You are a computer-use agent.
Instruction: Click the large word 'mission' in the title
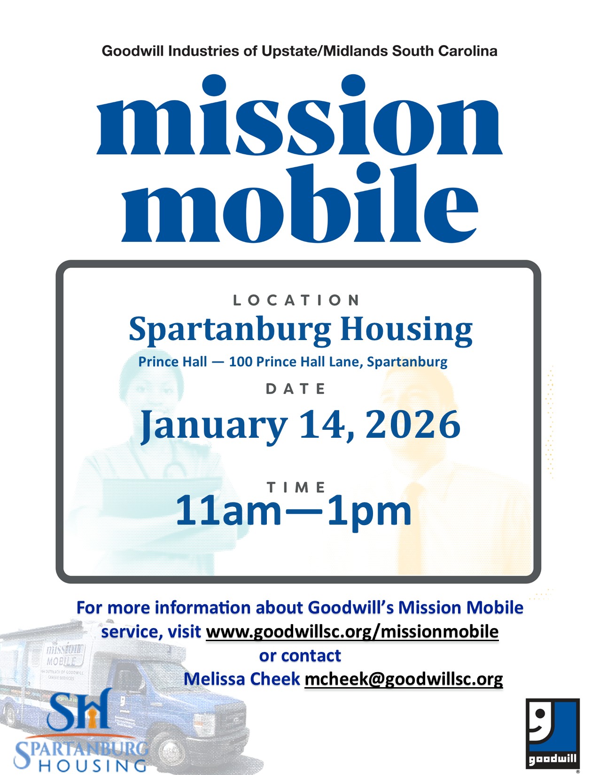tap(300, 115)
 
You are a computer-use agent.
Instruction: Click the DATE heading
tap(296, 389)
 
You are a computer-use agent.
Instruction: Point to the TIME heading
tap(296, 487)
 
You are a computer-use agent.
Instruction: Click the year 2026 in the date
tap(413, 425)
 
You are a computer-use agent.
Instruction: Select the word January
tap(214, 427)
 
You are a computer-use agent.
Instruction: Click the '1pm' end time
tap(370, 513)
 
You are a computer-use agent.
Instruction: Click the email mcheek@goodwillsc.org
tap(404, 679)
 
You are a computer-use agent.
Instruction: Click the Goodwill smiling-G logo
tap(552, 733)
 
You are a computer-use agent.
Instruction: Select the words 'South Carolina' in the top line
tap(444, 51)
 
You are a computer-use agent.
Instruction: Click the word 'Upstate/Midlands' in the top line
tap(324, 51)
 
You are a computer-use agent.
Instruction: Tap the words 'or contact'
tap(300, 656)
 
